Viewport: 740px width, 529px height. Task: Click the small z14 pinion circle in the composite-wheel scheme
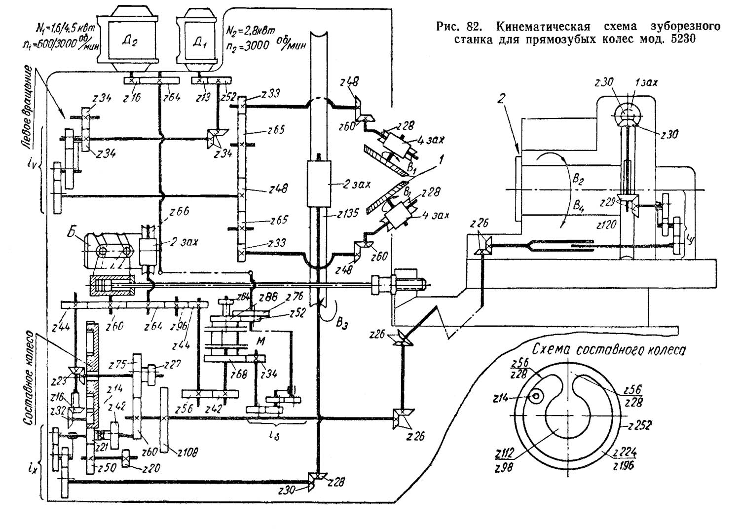click(535, 396)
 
